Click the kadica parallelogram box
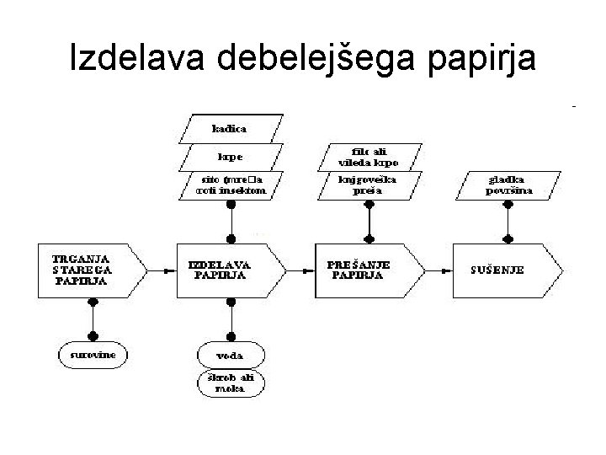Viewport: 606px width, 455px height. coord(229,129)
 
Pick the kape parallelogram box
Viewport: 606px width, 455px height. coord(229,157)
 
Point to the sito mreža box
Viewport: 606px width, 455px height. coord(229,185)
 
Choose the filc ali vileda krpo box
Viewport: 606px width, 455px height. coord(369,157)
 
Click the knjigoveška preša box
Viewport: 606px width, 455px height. coord(369,185)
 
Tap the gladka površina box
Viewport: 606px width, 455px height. coord(508,185)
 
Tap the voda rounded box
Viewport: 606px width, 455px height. coord(231,355)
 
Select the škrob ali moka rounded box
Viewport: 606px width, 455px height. coord(231,383)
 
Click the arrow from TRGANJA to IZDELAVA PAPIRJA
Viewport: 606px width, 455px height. coord(158,270)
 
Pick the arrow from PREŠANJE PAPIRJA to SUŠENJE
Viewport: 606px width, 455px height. coord(436,270)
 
